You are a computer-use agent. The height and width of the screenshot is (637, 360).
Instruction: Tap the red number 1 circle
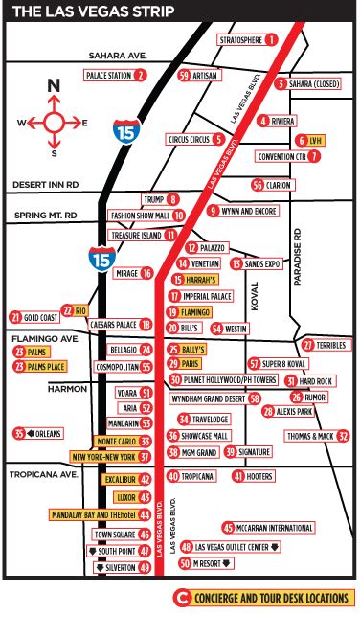point(271,39)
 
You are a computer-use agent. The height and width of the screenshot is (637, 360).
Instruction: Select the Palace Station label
point(108,74)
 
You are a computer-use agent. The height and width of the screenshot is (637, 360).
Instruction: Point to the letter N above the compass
point(55,85)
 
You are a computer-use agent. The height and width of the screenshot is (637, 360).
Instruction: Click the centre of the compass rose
point(55,122)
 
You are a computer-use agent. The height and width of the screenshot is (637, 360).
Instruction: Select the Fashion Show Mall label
point(139,216)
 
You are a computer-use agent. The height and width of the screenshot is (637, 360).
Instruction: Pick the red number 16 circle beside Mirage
point(147,273)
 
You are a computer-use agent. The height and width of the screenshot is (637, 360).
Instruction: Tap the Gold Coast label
point(41,316)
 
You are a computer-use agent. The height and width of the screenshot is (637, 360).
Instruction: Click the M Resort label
point(218,564)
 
